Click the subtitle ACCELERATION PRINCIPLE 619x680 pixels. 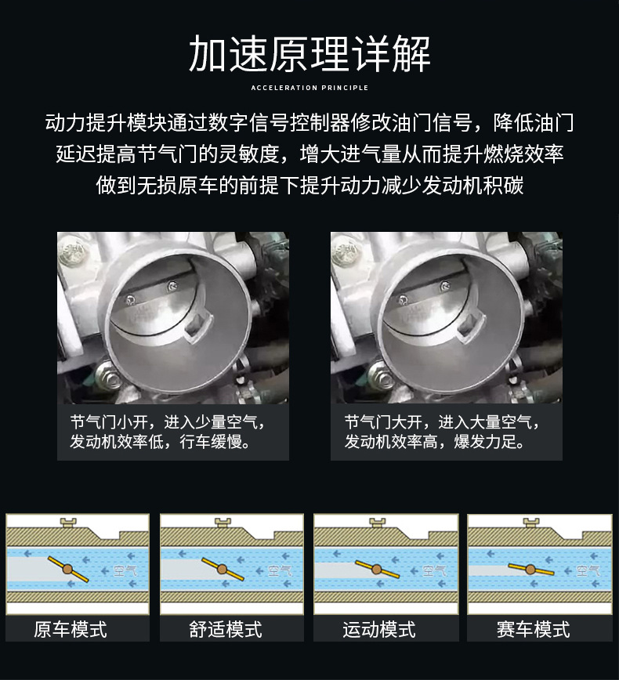tap(309, 88)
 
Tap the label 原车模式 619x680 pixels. tap(71, 629)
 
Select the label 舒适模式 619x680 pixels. tap(225, 629)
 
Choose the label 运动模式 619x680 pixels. tap(378, 629)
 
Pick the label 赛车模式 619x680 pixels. tap(533, 629)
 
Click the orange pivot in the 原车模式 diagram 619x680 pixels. tap(67, 569)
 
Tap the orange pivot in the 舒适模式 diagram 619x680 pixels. tap(222, 569)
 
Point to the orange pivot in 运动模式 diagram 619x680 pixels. tap(376, 570)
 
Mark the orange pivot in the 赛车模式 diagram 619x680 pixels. tap(530, 570)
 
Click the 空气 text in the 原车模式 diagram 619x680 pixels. tap(125, 571)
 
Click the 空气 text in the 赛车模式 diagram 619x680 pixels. tap(588, 571)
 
